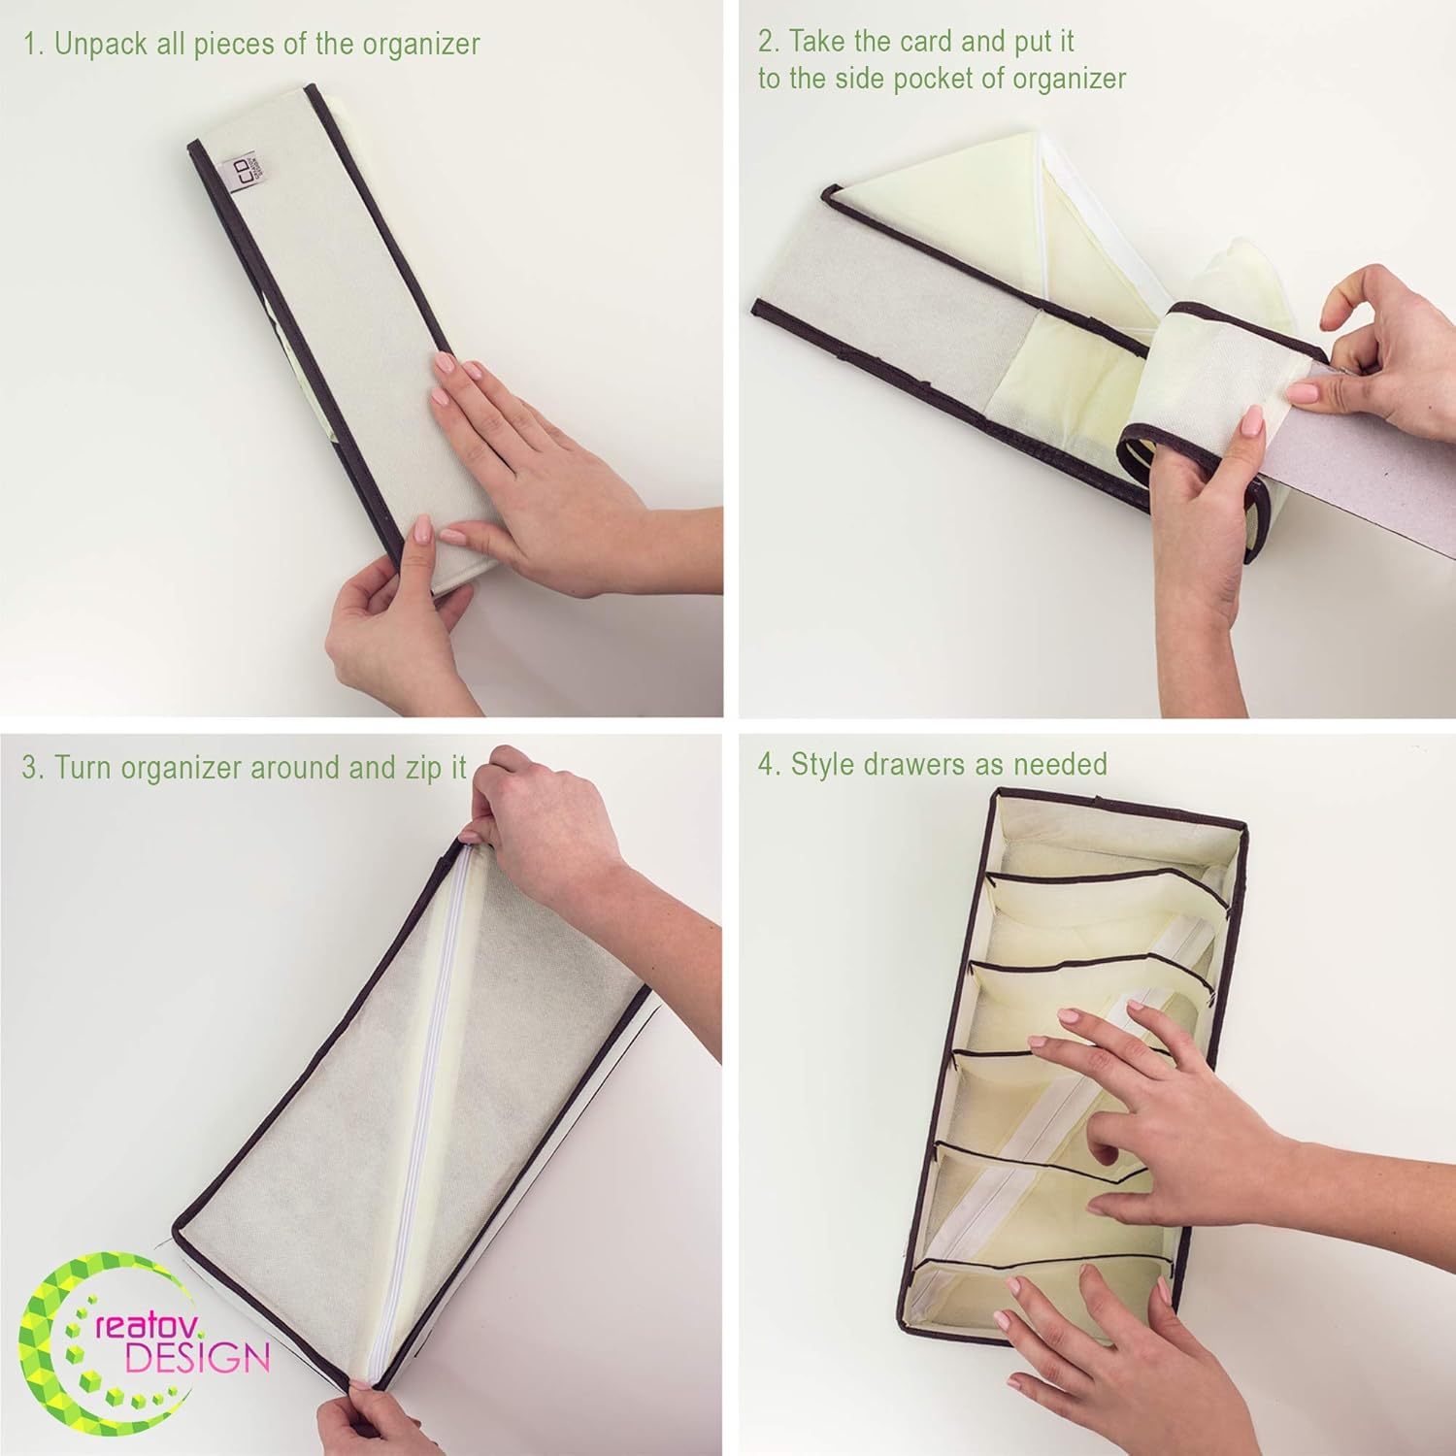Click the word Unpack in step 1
point(100,45)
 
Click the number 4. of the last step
point(770,765)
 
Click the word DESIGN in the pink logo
point(197,1358)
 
